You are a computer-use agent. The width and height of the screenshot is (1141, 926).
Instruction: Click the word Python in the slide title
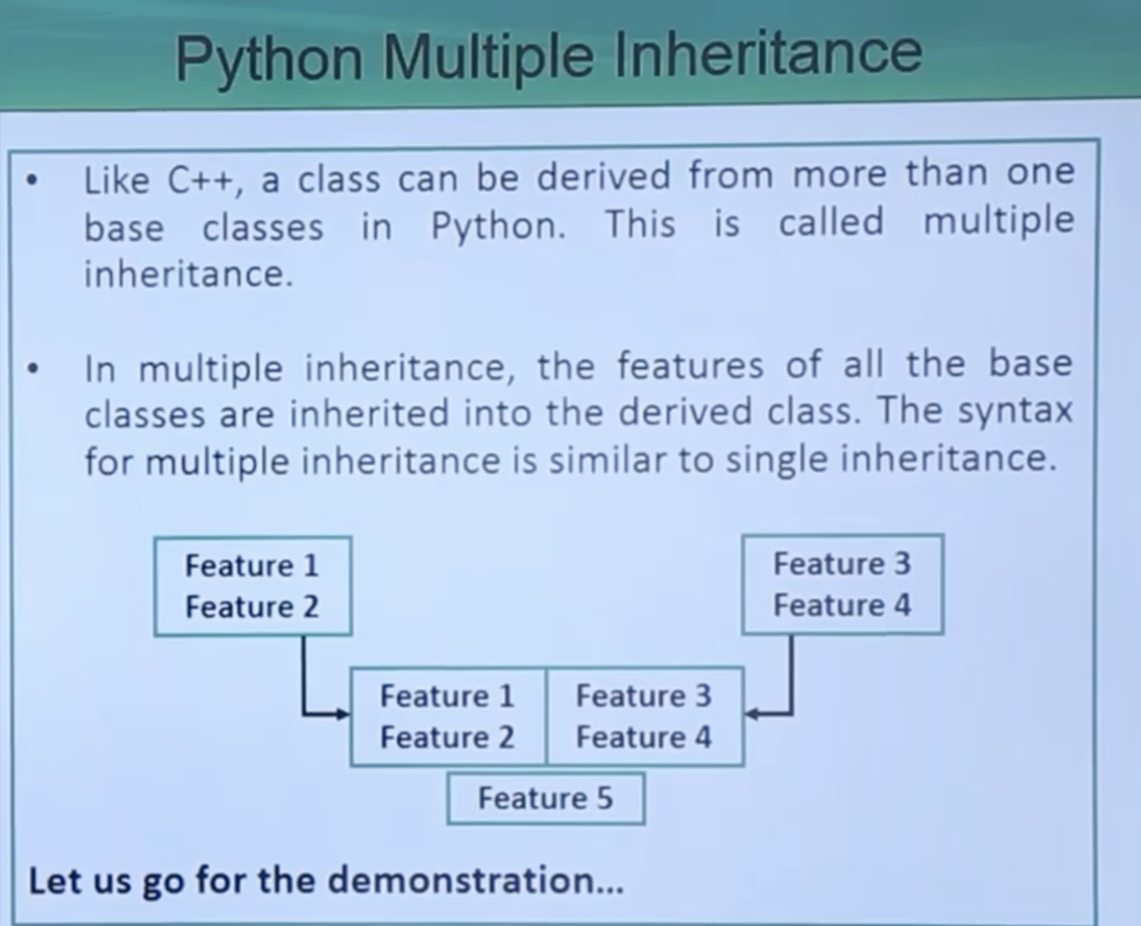click(269, 60)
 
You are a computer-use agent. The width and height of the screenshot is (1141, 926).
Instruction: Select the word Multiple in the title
click(489, 57)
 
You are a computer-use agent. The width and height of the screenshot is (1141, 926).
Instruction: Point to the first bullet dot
click(32, 180)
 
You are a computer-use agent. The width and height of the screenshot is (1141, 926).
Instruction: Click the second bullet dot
click(33, 368)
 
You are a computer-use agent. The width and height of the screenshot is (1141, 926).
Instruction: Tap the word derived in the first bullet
click(603, 175)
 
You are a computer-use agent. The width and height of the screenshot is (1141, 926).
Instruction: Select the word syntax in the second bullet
click(1014, 412)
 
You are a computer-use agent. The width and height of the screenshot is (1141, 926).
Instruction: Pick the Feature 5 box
click(546, 799)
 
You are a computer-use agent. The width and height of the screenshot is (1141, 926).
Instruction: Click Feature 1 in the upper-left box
click(252, 565)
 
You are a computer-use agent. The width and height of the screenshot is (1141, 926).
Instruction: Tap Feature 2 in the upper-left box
click(252, 607)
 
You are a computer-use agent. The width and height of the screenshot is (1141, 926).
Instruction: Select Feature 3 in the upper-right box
click(841, 564)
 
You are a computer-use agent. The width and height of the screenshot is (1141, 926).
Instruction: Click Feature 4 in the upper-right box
click(841, 605)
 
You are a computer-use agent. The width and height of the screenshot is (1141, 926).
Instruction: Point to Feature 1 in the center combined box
click(446, 695)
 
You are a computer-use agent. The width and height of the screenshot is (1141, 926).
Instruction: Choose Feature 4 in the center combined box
click(643, 737)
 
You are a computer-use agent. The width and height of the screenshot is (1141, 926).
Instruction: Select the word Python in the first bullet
click(498, 226)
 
